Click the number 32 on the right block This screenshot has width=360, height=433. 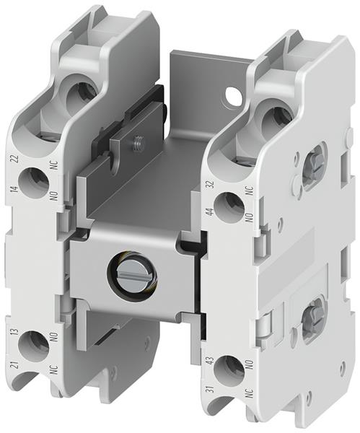pos(210,186)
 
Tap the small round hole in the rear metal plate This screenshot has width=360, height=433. pos(232,94)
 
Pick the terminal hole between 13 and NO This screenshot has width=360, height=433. pos(34,344)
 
